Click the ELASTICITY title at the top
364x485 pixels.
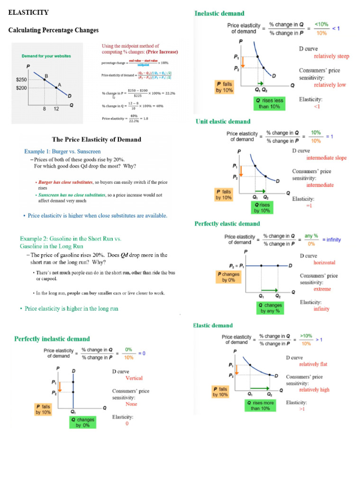(28, 12)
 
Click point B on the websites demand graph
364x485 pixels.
(45, 80)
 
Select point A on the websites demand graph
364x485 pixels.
(56, 88)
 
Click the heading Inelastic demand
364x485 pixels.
(219, 13)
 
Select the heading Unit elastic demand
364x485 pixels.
(223, 121)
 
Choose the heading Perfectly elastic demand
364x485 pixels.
(227, 224)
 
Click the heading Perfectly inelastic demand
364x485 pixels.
(52, 339)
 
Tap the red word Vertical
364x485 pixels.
(134, 378)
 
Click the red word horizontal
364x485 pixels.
(324, 262)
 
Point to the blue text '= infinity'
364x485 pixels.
(331, 240)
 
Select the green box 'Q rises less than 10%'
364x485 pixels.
(269, 103)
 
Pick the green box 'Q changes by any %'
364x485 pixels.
(270, 308)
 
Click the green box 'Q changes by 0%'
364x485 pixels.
(82, 422)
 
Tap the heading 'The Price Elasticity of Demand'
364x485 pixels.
(96, 139)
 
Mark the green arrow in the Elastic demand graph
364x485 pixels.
(260, 387)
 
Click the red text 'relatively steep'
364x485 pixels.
(331, 56)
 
